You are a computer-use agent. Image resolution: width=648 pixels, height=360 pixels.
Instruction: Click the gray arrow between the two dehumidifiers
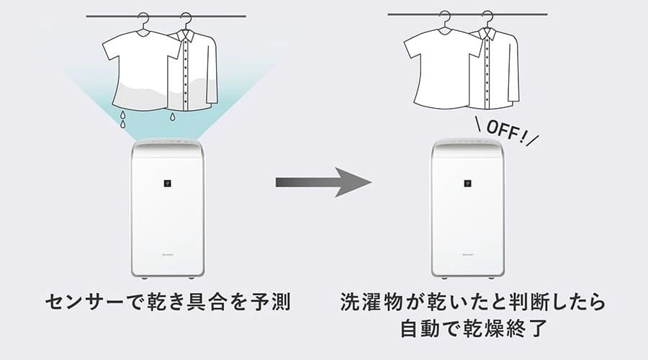[323, 182]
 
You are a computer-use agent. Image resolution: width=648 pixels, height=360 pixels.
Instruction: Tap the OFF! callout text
[508, 133]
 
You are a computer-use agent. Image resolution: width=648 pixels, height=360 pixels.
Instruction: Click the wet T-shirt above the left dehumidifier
[140, 71]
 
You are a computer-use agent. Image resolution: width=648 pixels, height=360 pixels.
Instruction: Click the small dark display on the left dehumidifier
[167, 183]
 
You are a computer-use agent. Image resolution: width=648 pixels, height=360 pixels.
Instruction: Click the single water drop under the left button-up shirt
[172, 117]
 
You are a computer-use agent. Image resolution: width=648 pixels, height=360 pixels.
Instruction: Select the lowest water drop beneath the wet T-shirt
[122, 124]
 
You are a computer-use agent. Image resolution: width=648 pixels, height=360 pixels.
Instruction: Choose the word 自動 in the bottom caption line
[420, 328]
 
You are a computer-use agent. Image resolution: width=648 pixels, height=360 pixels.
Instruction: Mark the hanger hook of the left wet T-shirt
[143, 20]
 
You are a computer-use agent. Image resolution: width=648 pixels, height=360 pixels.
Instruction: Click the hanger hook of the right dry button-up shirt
[488, 19]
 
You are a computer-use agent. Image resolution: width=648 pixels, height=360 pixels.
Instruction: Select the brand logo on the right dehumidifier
[468, 255]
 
